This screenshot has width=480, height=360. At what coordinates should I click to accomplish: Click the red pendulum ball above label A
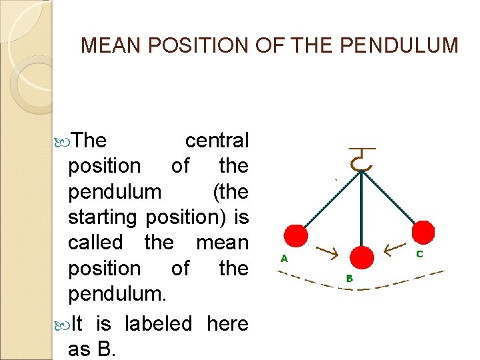point(296,236)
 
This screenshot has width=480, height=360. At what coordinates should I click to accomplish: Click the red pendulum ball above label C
point(423,233)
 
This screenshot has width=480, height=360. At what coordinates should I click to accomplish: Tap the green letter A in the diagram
point(284,259)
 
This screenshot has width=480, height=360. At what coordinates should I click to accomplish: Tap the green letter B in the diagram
point(349,278)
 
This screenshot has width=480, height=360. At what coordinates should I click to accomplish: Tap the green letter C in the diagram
point(419,254)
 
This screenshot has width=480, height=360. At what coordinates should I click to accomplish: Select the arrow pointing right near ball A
point(327,253)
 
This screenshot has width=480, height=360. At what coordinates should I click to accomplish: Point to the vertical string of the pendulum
point(361,207)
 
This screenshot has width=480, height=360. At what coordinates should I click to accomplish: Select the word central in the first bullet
point(217,141)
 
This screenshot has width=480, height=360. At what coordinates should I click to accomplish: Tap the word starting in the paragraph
point(100,217)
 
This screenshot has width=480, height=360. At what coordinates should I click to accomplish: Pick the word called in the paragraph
point(95,243)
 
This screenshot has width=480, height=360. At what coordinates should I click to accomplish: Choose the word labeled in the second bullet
point(157,324)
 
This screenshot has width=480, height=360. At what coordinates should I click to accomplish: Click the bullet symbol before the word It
point(61,325)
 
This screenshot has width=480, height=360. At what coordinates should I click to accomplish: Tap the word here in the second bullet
point(227,324)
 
